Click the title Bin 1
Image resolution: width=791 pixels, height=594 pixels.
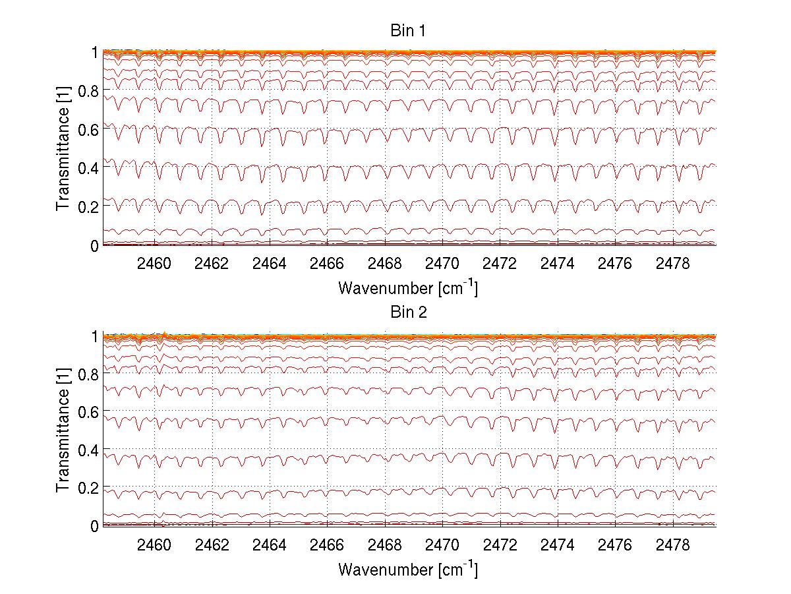pyautogui.click(x=409, y=31)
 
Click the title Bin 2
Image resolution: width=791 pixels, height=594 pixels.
pyautogui.click(x=409, y=312)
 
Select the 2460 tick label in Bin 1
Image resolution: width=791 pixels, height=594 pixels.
pyautogui.click(x=154, y=264)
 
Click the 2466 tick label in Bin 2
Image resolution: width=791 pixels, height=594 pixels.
pyautogui.click(x=327, y=545)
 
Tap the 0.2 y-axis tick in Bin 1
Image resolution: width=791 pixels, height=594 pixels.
pyautogui.click(x=88, y=206)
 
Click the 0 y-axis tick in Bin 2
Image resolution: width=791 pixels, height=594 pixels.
pyautogui.click(x=94, y=526)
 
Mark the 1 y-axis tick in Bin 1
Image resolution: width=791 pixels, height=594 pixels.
pyautogui.click(x=94, y=52)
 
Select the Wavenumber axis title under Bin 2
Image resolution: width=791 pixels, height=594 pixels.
pyautogui.click(x=409, y=568)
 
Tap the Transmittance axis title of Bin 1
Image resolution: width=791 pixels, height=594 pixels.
pyautogui.click(x=63, y=149)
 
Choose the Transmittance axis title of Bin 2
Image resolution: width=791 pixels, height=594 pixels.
pyautogui.click(x=63, y=430)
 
